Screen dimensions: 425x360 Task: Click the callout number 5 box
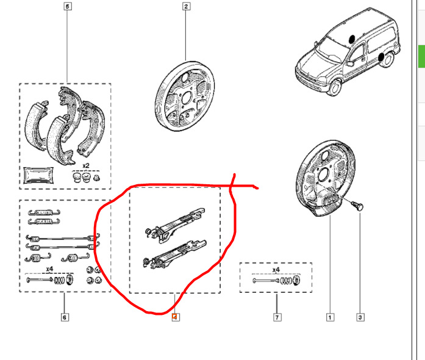(68, 6)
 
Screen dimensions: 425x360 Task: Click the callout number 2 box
(186, 6)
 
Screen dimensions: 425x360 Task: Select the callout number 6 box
(65, 317)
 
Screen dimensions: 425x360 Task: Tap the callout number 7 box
(277, 317)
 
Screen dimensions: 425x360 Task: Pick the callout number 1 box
(330, 317)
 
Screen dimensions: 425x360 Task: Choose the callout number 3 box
(360, 317)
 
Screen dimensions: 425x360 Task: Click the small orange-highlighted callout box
(176, 317)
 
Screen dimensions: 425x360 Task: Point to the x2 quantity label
(85, 165)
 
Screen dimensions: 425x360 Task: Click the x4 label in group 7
(276, 270)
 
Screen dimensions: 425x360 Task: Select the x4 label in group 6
(49, 269)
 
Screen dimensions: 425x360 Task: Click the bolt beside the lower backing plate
(357, 206)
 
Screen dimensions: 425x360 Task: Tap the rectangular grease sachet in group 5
(38, 175)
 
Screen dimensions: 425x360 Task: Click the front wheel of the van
(335, 87)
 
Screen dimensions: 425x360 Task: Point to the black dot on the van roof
(352, 39)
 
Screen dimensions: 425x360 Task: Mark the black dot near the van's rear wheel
(381, 57)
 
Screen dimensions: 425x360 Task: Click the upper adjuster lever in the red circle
(176, 225)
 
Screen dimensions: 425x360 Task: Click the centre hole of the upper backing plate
(186, 98)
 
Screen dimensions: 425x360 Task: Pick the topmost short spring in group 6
(44, 212)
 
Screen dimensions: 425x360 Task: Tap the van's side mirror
(350, 63)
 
